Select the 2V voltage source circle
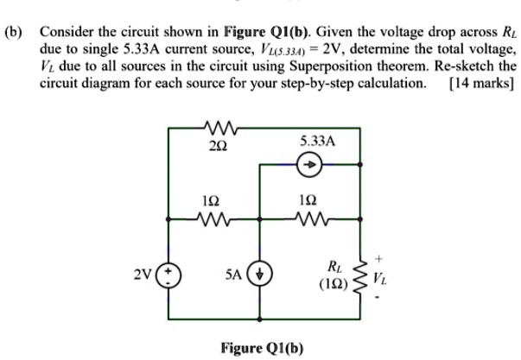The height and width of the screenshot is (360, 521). (x=169, y=278)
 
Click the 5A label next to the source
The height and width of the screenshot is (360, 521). (x=235, y=279)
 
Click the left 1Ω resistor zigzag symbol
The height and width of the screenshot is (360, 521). (x=210, y=218)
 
